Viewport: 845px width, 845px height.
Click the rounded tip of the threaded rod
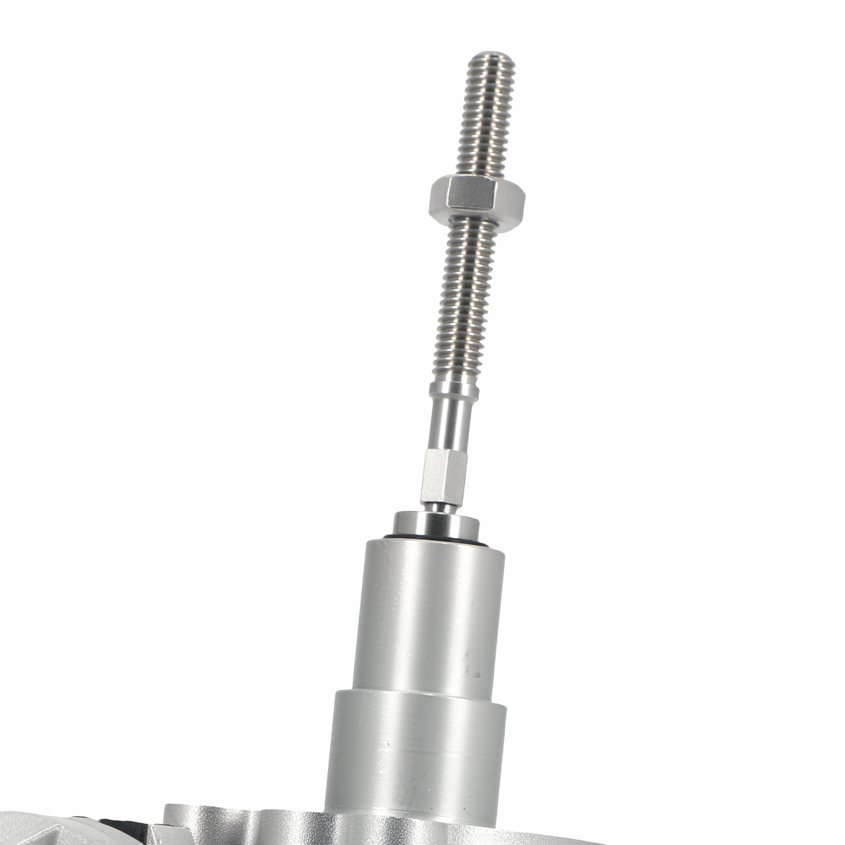(x=491, y=56)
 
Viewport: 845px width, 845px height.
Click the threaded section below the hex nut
(x=465, y=296)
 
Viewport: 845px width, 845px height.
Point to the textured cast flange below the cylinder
(x=238, y=829)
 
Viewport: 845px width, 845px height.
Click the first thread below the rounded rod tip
(x=491, y=69)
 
